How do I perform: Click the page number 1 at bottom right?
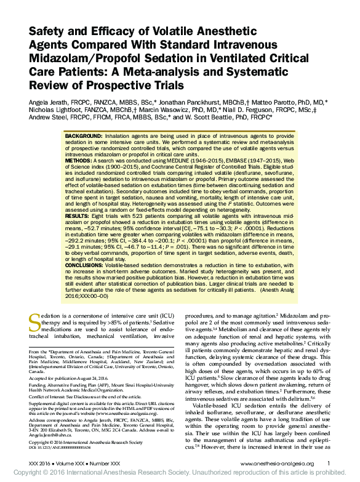(329, 464)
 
